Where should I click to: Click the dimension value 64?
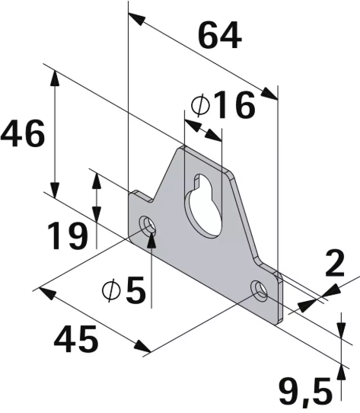coord(219,36)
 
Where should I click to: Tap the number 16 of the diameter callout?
coord(233,106)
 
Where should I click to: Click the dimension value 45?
coord(76,339)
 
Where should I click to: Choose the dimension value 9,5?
coord(304,393)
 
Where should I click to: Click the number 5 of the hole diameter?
coord(135,291)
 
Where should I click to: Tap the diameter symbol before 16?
coord(199,106)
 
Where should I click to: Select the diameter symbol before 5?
coord(111,291)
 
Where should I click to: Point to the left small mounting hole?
coord(148,226)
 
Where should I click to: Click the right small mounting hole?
coord(260,290)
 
